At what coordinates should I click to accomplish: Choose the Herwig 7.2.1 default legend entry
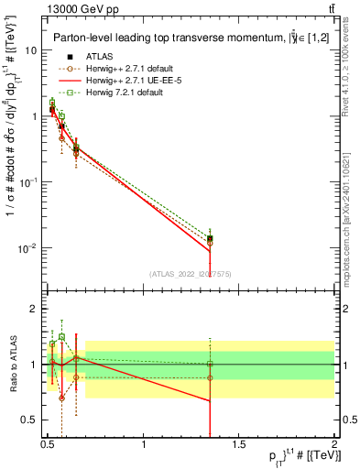pyautogui.click(x=111, y=93)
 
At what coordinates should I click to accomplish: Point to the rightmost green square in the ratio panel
pyautogui.click(x=210, y=364)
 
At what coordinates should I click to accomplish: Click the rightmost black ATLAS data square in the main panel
pyautogui.click(x=210, y=239)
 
